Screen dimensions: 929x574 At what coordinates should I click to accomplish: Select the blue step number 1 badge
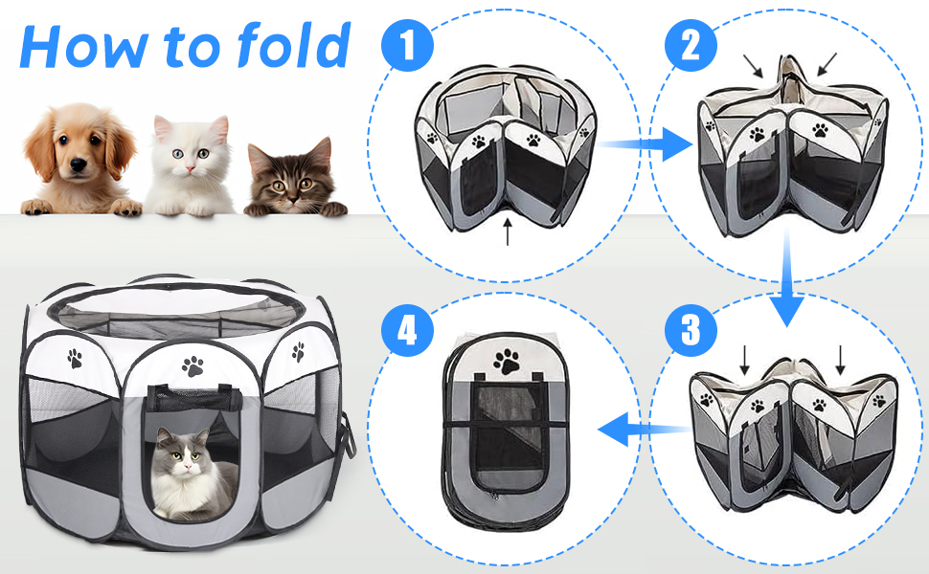coord(407,46)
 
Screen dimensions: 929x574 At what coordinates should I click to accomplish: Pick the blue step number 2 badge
coord(691,46)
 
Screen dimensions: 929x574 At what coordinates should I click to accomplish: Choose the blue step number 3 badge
coord(691,330)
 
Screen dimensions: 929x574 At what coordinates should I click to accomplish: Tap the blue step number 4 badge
coord(407,330)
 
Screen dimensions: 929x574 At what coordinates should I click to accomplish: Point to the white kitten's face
coord(190,154)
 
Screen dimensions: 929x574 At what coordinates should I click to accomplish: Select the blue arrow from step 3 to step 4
coord(644,429)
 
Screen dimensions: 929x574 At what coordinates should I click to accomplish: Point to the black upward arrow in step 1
coord(508,231)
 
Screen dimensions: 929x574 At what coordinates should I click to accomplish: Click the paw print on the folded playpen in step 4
coord(506,361)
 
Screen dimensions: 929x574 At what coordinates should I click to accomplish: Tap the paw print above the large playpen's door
coord(193,366)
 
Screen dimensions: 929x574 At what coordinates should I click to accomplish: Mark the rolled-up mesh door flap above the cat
coord(194,398)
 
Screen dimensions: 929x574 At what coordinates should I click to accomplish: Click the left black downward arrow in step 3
coord(744,360)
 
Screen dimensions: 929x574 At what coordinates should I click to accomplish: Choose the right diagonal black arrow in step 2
coord(827,64)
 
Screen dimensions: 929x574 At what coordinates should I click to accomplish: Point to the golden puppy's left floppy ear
coord(39,145)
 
